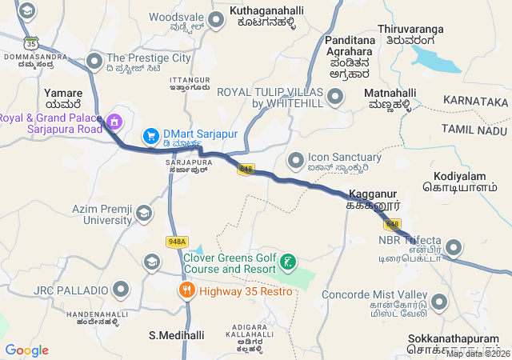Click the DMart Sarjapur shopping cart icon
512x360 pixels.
[x=150, y=137]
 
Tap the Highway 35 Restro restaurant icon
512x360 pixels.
[x=187, y=290]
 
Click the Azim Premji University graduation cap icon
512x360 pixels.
[x=143, y=213]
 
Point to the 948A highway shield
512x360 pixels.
[x=177, y=242]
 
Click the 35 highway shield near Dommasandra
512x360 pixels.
[x=30, y=42]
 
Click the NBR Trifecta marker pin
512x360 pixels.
[x=454, y=247]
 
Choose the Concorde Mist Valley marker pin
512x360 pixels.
[x=438, y=302]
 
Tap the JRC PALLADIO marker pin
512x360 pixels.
[x=121, y=289]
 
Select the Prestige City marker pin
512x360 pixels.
[x=95, y=60]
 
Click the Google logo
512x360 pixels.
[x=26, y=350]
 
